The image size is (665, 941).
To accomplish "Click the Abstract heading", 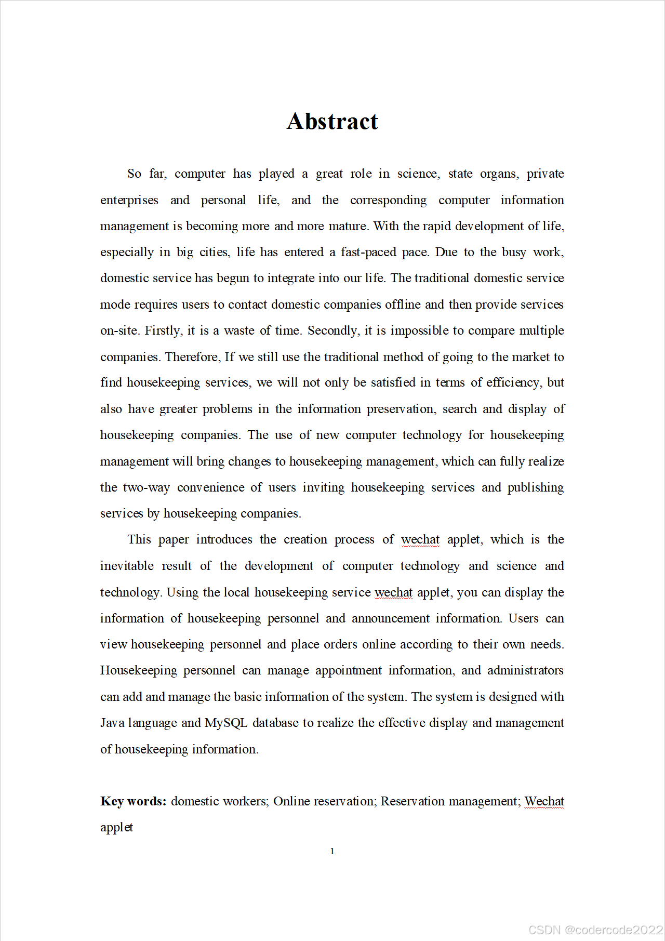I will pyautogui.click(x=332, y=122).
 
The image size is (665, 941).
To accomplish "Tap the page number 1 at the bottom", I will pyautogui.click(x=332, y=851).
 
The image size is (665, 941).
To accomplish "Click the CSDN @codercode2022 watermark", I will pyautogui.click(x=595, y=930).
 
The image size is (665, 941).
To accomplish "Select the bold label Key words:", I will pyautogui.click(x=133, y=801).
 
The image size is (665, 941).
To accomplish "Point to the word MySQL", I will pyautogui.click(x=225, y=723).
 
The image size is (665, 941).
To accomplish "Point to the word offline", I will pyautogui.click(x=403, y=304).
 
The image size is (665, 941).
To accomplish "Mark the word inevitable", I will pyautogui.click(x=127, y=566).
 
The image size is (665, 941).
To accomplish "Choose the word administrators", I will pyautogui.click(x=525, y=670).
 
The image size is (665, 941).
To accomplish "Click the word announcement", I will pyautogui.click(x=391, y=618).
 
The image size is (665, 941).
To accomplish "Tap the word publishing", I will pyautogui.click(x=535, y=488).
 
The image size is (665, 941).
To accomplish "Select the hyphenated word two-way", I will pyautogui.click(x=147, y=488).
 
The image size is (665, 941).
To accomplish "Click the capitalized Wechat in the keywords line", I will pyautogui.click(x=544, y=801).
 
